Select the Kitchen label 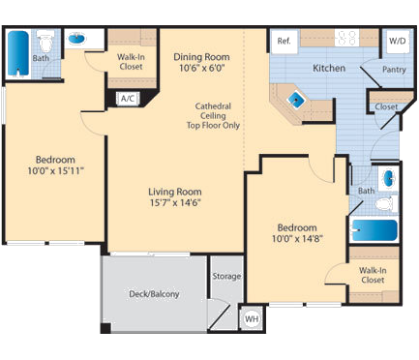tap(329, 69)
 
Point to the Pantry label tap(394, 70)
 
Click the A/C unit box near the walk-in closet tap(128, 98)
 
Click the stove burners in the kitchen tap(346, 41)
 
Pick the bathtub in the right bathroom tap(373, 230)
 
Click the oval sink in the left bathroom tap(76, 41)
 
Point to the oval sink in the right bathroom tap(387, 179)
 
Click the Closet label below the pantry tap(385, 106)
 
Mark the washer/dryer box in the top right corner tap(398, 42)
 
